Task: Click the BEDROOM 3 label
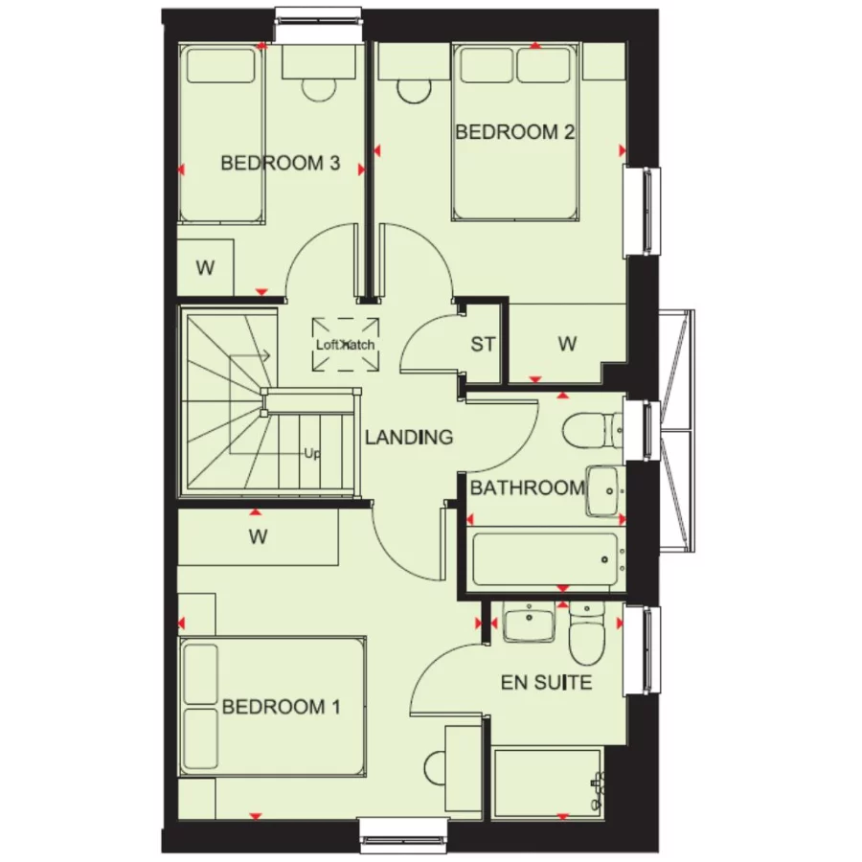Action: [280, 163]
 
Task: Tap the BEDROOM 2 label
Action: [514, 132]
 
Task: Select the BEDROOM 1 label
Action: [282, 708]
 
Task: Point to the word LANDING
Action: [409, 438]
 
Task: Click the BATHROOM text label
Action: [527, 488]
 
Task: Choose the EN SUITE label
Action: [546, 683]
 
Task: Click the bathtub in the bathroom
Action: [545, 559]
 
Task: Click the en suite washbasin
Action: [529, 625]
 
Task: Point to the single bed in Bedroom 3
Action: [221, 134]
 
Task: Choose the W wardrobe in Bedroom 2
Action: [567, 344]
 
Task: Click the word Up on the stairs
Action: [311, 453]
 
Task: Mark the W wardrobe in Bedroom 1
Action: [258, 537]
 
